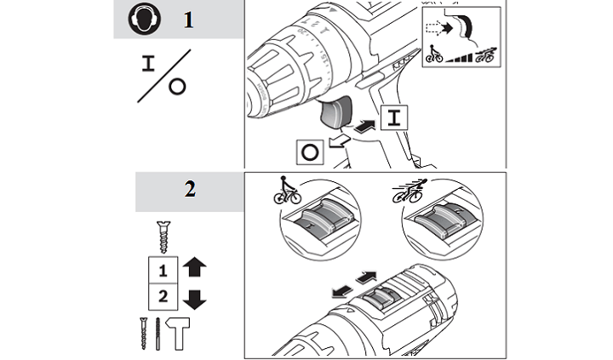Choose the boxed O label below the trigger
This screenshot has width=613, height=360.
(x=309, y=154)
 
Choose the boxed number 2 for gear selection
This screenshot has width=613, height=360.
(x=161, y=299)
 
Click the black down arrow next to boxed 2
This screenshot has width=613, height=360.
(x=194, y=299)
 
